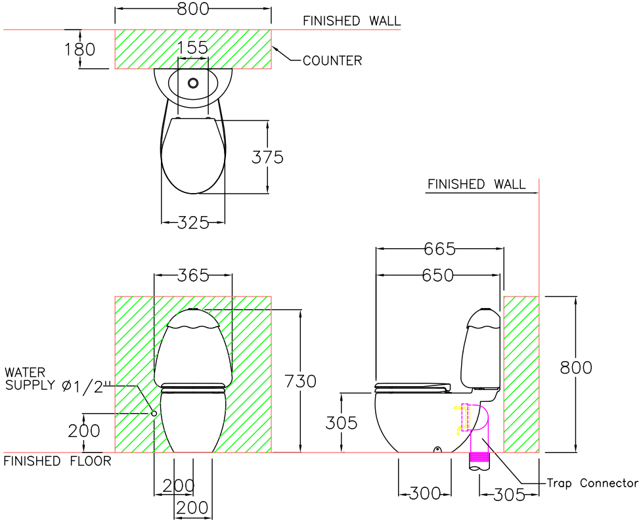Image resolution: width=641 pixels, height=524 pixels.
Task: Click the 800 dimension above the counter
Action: (193, 9)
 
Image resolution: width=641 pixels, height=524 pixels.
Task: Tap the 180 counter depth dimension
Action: (79, 49)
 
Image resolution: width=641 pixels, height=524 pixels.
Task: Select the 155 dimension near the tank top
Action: (192, 47)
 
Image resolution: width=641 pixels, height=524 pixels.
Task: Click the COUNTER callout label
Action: (332, 60)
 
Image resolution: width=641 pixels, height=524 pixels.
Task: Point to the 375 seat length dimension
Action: (268, 158)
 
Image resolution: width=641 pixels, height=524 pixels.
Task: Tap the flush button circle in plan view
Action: (193, 83)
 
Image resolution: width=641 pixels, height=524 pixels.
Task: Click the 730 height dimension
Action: (301, 382)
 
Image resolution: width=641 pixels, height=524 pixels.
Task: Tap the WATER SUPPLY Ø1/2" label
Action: (55, 380)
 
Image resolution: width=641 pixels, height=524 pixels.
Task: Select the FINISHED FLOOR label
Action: (58, 461)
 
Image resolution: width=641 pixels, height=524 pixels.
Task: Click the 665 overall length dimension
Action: (439, 249)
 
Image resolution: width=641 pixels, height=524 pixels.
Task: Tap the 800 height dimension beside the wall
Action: (576, 368)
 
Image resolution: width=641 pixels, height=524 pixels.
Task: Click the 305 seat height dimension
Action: (342, 424)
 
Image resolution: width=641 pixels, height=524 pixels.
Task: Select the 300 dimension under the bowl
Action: (424, 493)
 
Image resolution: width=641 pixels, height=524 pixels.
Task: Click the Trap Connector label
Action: (592, 483)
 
